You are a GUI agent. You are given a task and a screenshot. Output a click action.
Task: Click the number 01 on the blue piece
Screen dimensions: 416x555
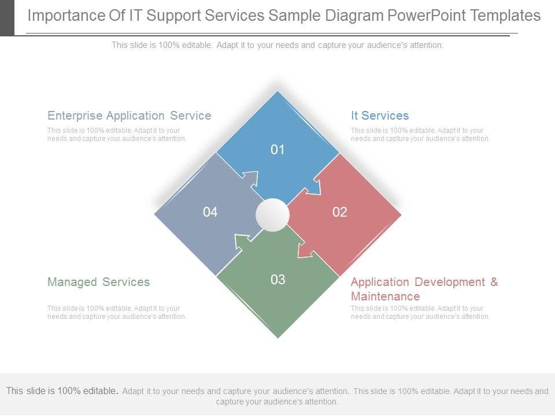[278, 150]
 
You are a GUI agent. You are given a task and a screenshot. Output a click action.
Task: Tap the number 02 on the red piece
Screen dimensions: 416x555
[340, 212]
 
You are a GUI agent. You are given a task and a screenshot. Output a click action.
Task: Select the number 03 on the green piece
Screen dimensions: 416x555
[278, 280]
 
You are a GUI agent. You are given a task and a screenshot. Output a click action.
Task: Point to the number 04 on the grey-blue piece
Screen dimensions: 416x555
[210, 212]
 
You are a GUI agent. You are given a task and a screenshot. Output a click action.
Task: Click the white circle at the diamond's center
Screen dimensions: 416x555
[272, 215]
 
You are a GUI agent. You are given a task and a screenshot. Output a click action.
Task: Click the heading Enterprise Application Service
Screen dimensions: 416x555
[129, 116]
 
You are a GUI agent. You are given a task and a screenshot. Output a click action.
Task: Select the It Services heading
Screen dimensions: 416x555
[380, 116]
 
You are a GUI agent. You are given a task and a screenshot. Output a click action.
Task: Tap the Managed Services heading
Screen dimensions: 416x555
[98, 282]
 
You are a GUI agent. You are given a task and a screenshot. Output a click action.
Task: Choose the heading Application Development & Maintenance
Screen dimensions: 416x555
[424, 289]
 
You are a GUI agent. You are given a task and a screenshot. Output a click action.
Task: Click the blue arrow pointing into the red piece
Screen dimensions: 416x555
[313, 187]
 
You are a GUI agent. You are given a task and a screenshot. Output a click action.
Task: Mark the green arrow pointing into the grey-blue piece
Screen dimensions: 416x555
[243, 242]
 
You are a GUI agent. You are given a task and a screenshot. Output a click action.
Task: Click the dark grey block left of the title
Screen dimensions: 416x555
[7, 17]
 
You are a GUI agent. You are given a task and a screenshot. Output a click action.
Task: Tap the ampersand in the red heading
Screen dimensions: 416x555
[494, 282]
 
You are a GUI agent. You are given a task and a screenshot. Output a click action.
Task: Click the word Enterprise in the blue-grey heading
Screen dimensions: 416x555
[75, 116]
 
